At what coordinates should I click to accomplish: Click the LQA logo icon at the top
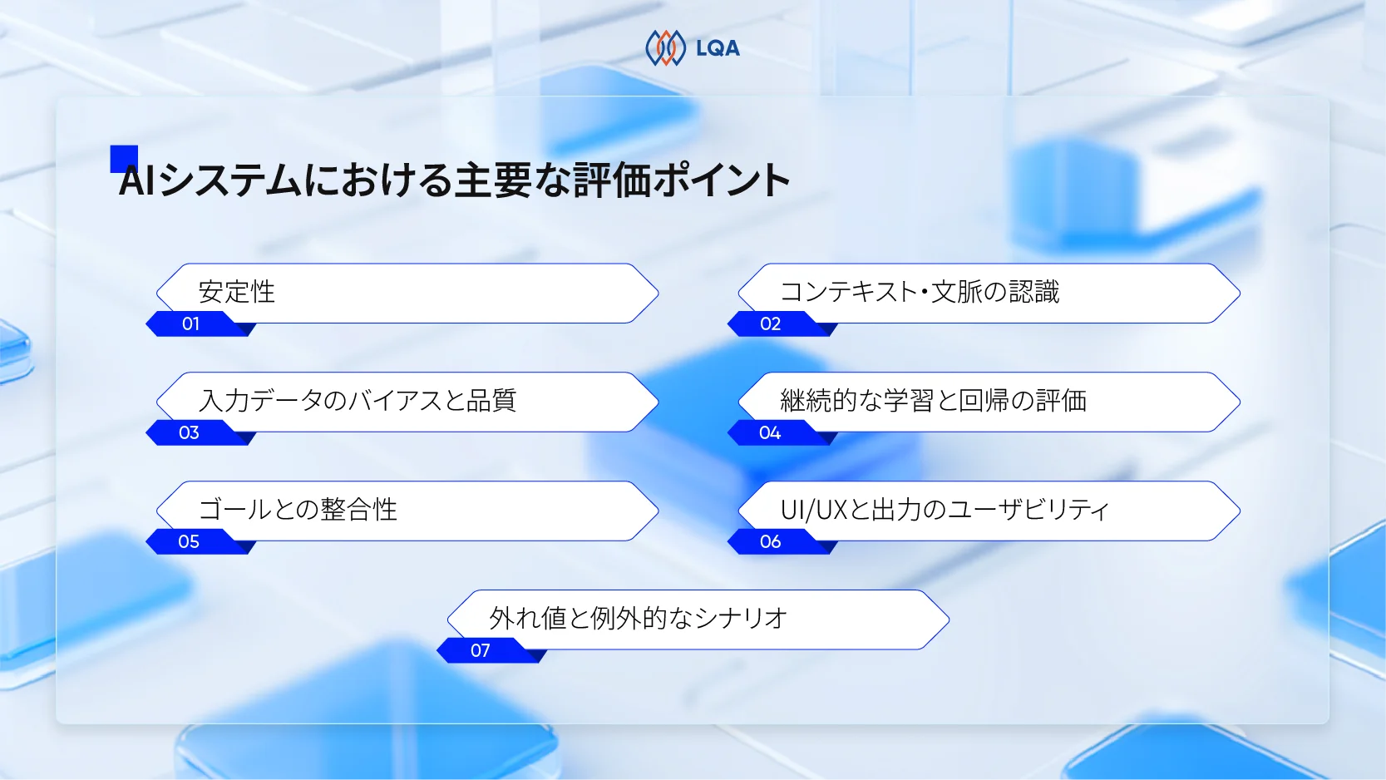click(665, 48)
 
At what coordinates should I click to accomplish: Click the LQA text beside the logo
click(718, 49)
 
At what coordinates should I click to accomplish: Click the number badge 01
click(191, 323)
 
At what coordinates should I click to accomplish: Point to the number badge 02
click(771, 323)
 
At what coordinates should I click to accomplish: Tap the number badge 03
click(189, 432)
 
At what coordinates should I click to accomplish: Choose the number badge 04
click(770, 432)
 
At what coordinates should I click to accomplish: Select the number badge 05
click(189, 541)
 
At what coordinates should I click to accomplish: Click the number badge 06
click(771, 541)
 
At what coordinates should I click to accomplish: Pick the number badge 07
click(481, 650)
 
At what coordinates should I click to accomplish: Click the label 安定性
click(237, 292)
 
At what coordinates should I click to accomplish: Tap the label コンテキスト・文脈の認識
click(920, 292)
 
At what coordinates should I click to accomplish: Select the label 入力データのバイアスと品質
click(358, 401)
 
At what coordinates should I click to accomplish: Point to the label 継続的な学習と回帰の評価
click(933, 401)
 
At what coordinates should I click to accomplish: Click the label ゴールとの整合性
click(298, 510)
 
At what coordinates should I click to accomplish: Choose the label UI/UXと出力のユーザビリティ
click(945, 510)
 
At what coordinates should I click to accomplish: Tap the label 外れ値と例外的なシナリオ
click(638, 619)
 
